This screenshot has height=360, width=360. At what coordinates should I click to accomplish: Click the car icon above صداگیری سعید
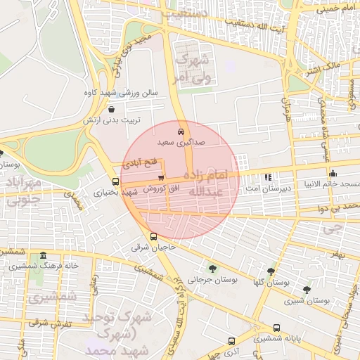(181, 131)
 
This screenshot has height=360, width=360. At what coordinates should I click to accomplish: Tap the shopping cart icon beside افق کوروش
(162, 178)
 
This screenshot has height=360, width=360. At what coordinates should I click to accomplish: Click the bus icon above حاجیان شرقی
(154, 236)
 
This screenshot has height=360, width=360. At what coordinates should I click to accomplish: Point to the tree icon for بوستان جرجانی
(212, 268)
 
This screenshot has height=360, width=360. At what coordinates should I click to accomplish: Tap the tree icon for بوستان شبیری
(306, 289)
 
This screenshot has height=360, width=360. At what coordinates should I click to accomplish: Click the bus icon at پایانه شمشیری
(276, 328)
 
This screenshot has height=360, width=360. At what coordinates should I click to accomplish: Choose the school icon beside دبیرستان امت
(268, 177)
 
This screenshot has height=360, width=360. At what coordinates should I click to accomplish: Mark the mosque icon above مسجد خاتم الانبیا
(333, 173)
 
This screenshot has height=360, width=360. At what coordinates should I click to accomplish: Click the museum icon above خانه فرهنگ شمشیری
(44, 255)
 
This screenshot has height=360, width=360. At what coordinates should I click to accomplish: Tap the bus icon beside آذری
(231, 341)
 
